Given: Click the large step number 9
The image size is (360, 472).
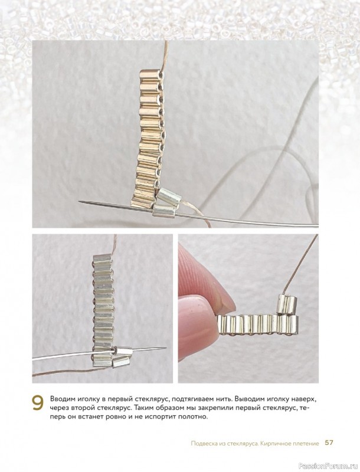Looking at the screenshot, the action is [38, 403].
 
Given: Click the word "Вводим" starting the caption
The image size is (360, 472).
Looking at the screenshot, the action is [61, 400].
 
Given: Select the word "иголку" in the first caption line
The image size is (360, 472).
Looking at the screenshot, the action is [83, 400].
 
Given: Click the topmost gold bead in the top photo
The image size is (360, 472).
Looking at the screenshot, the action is [150, 75].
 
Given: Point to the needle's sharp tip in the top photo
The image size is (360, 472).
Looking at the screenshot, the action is [79, 201].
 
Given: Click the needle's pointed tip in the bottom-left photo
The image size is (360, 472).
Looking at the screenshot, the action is [166, 348].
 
